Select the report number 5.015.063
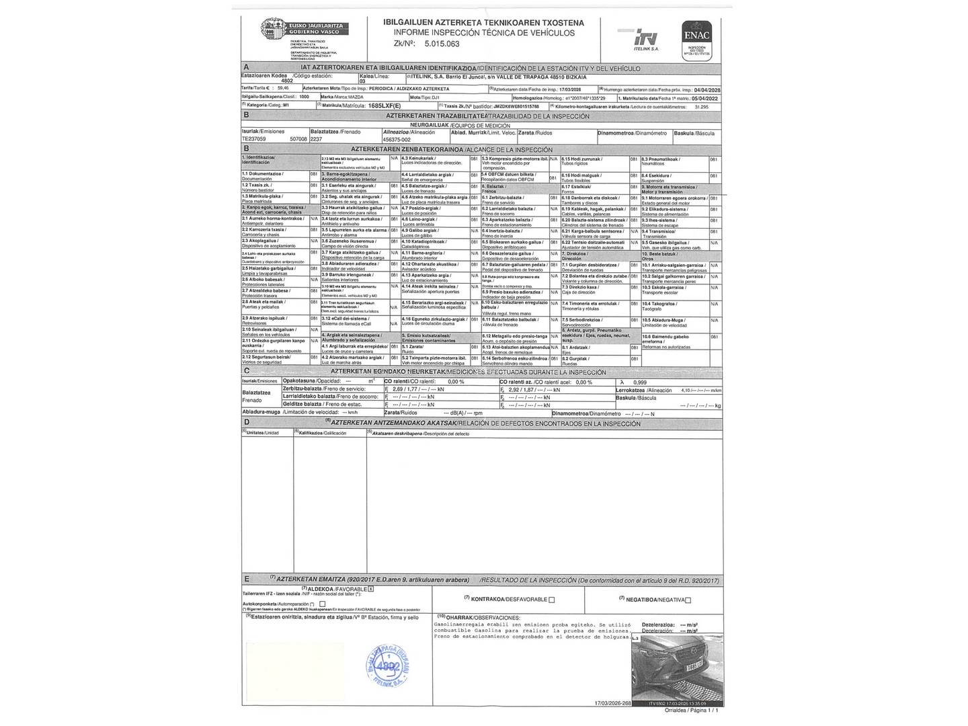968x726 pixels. tap(442, 44)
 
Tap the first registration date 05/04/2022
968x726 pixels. tap(707, 97)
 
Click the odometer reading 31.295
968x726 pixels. tap(701, 106)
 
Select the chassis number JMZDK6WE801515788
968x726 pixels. tap(517, 106)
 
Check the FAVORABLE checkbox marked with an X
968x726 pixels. tap(370, 589)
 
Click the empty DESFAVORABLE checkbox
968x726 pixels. tap(552, 600)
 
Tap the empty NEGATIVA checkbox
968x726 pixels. tap(688, 600)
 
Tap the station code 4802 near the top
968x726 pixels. tap(287, 80)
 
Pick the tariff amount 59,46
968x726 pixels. tap(282, 88)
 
